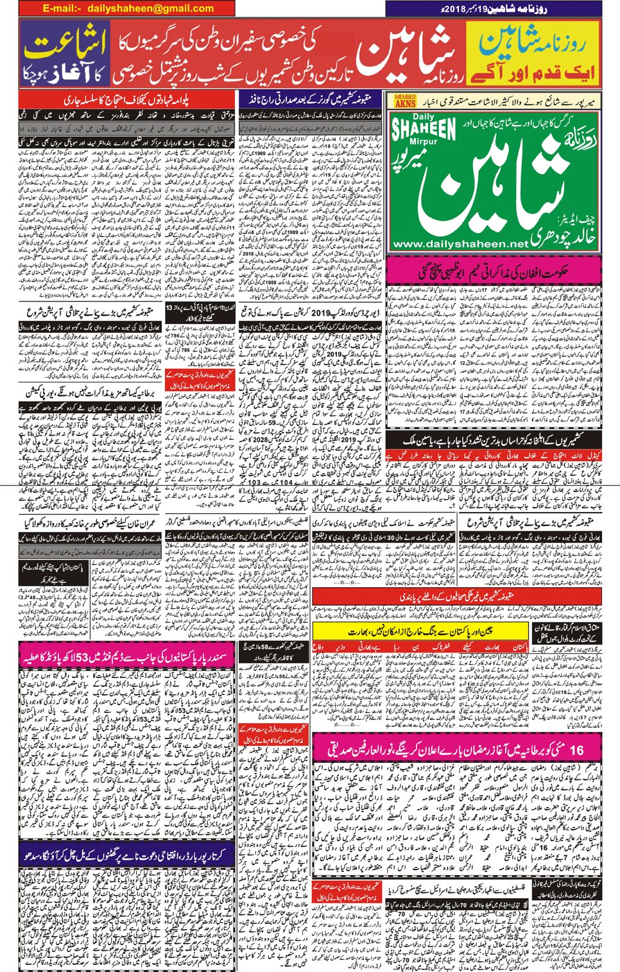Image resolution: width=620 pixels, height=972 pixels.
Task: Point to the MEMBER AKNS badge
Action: (x=405, y=101)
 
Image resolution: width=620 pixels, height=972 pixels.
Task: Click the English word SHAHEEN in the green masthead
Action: (x=423, y=127)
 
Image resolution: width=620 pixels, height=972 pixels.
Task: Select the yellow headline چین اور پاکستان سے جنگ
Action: (x=420, y=631)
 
